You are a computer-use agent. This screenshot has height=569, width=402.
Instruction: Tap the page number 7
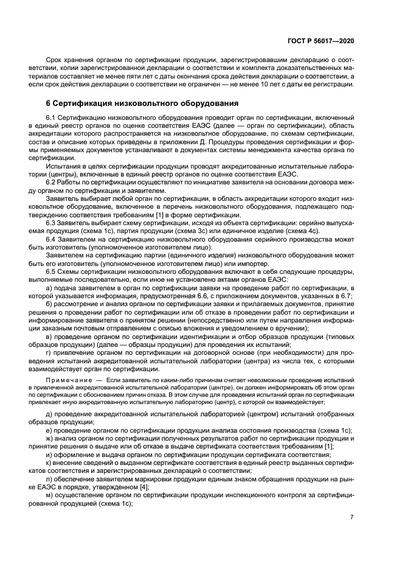[x=352, y=517]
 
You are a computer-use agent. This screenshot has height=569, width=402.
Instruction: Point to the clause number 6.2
[x=51, y=183]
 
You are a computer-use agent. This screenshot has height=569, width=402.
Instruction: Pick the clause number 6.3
[x=51, y=222]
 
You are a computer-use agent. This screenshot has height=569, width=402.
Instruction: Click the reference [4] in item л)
[x=145, y=486]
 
